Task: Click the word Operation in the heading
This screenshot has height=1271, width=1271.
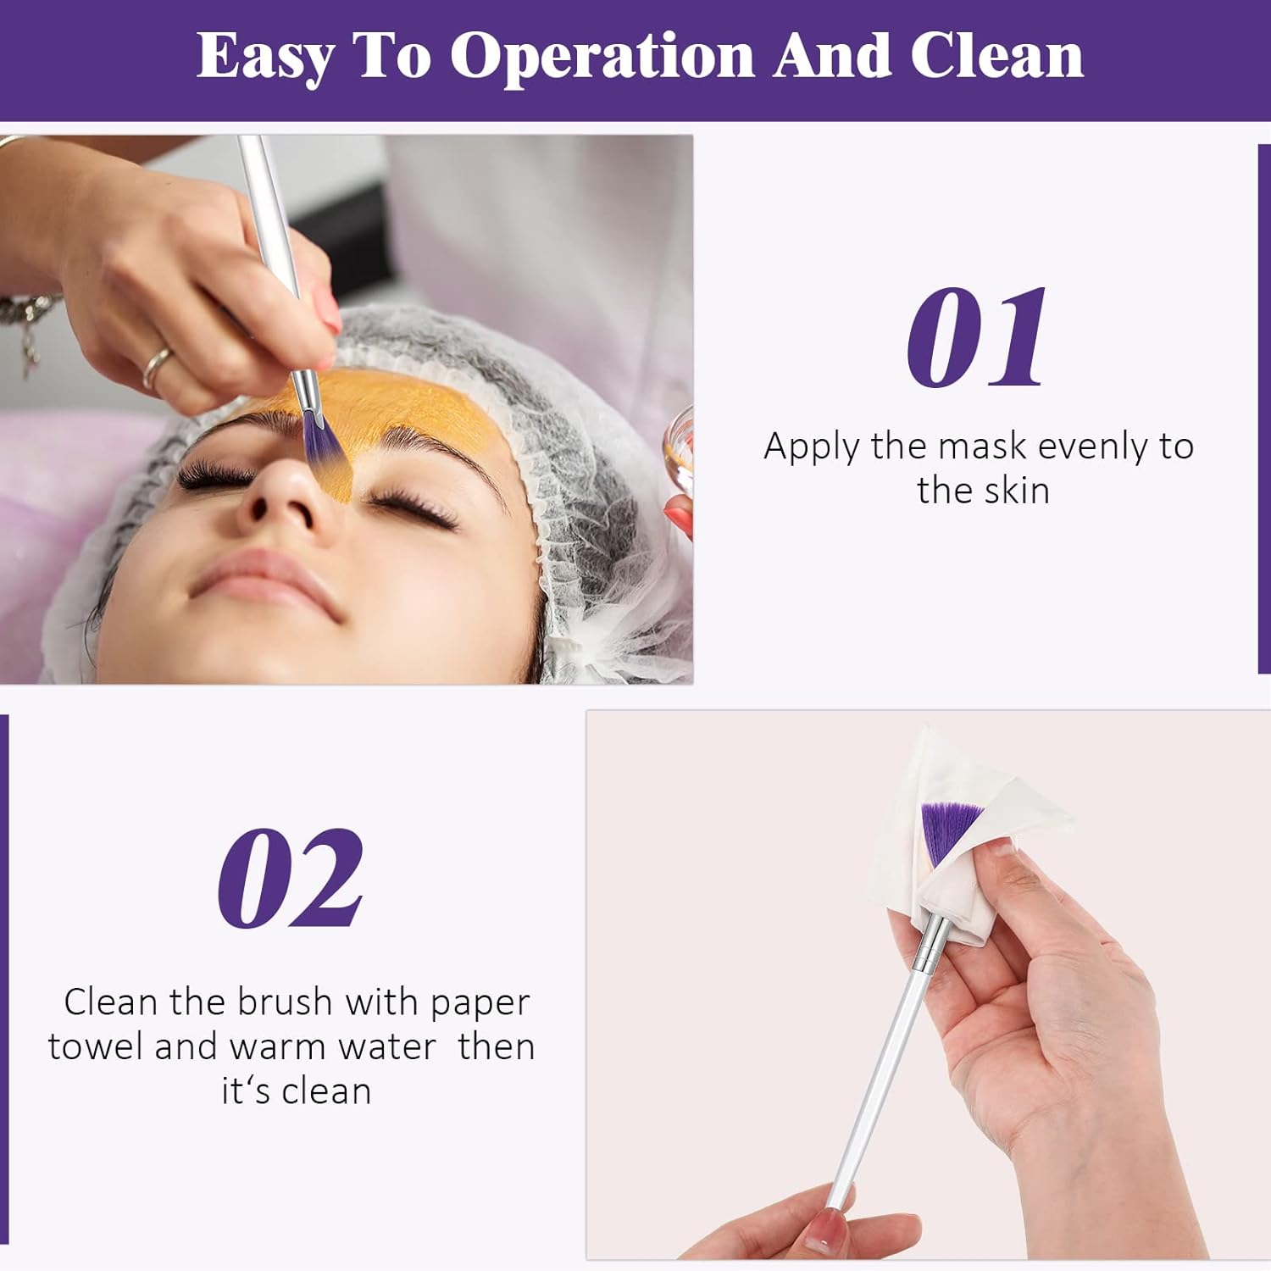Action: pyautogui.click(x=602, y=57)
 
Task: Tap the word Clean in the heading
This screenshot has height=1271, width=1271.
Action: pyautogui.click(x=996, y=57)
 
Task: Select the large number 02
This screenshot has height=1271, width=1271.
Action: pyautogui.click(x=291, y=879)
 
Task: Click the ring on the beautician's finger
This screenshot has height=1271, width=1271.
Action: pyautogui.click(x=158, y=366)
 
